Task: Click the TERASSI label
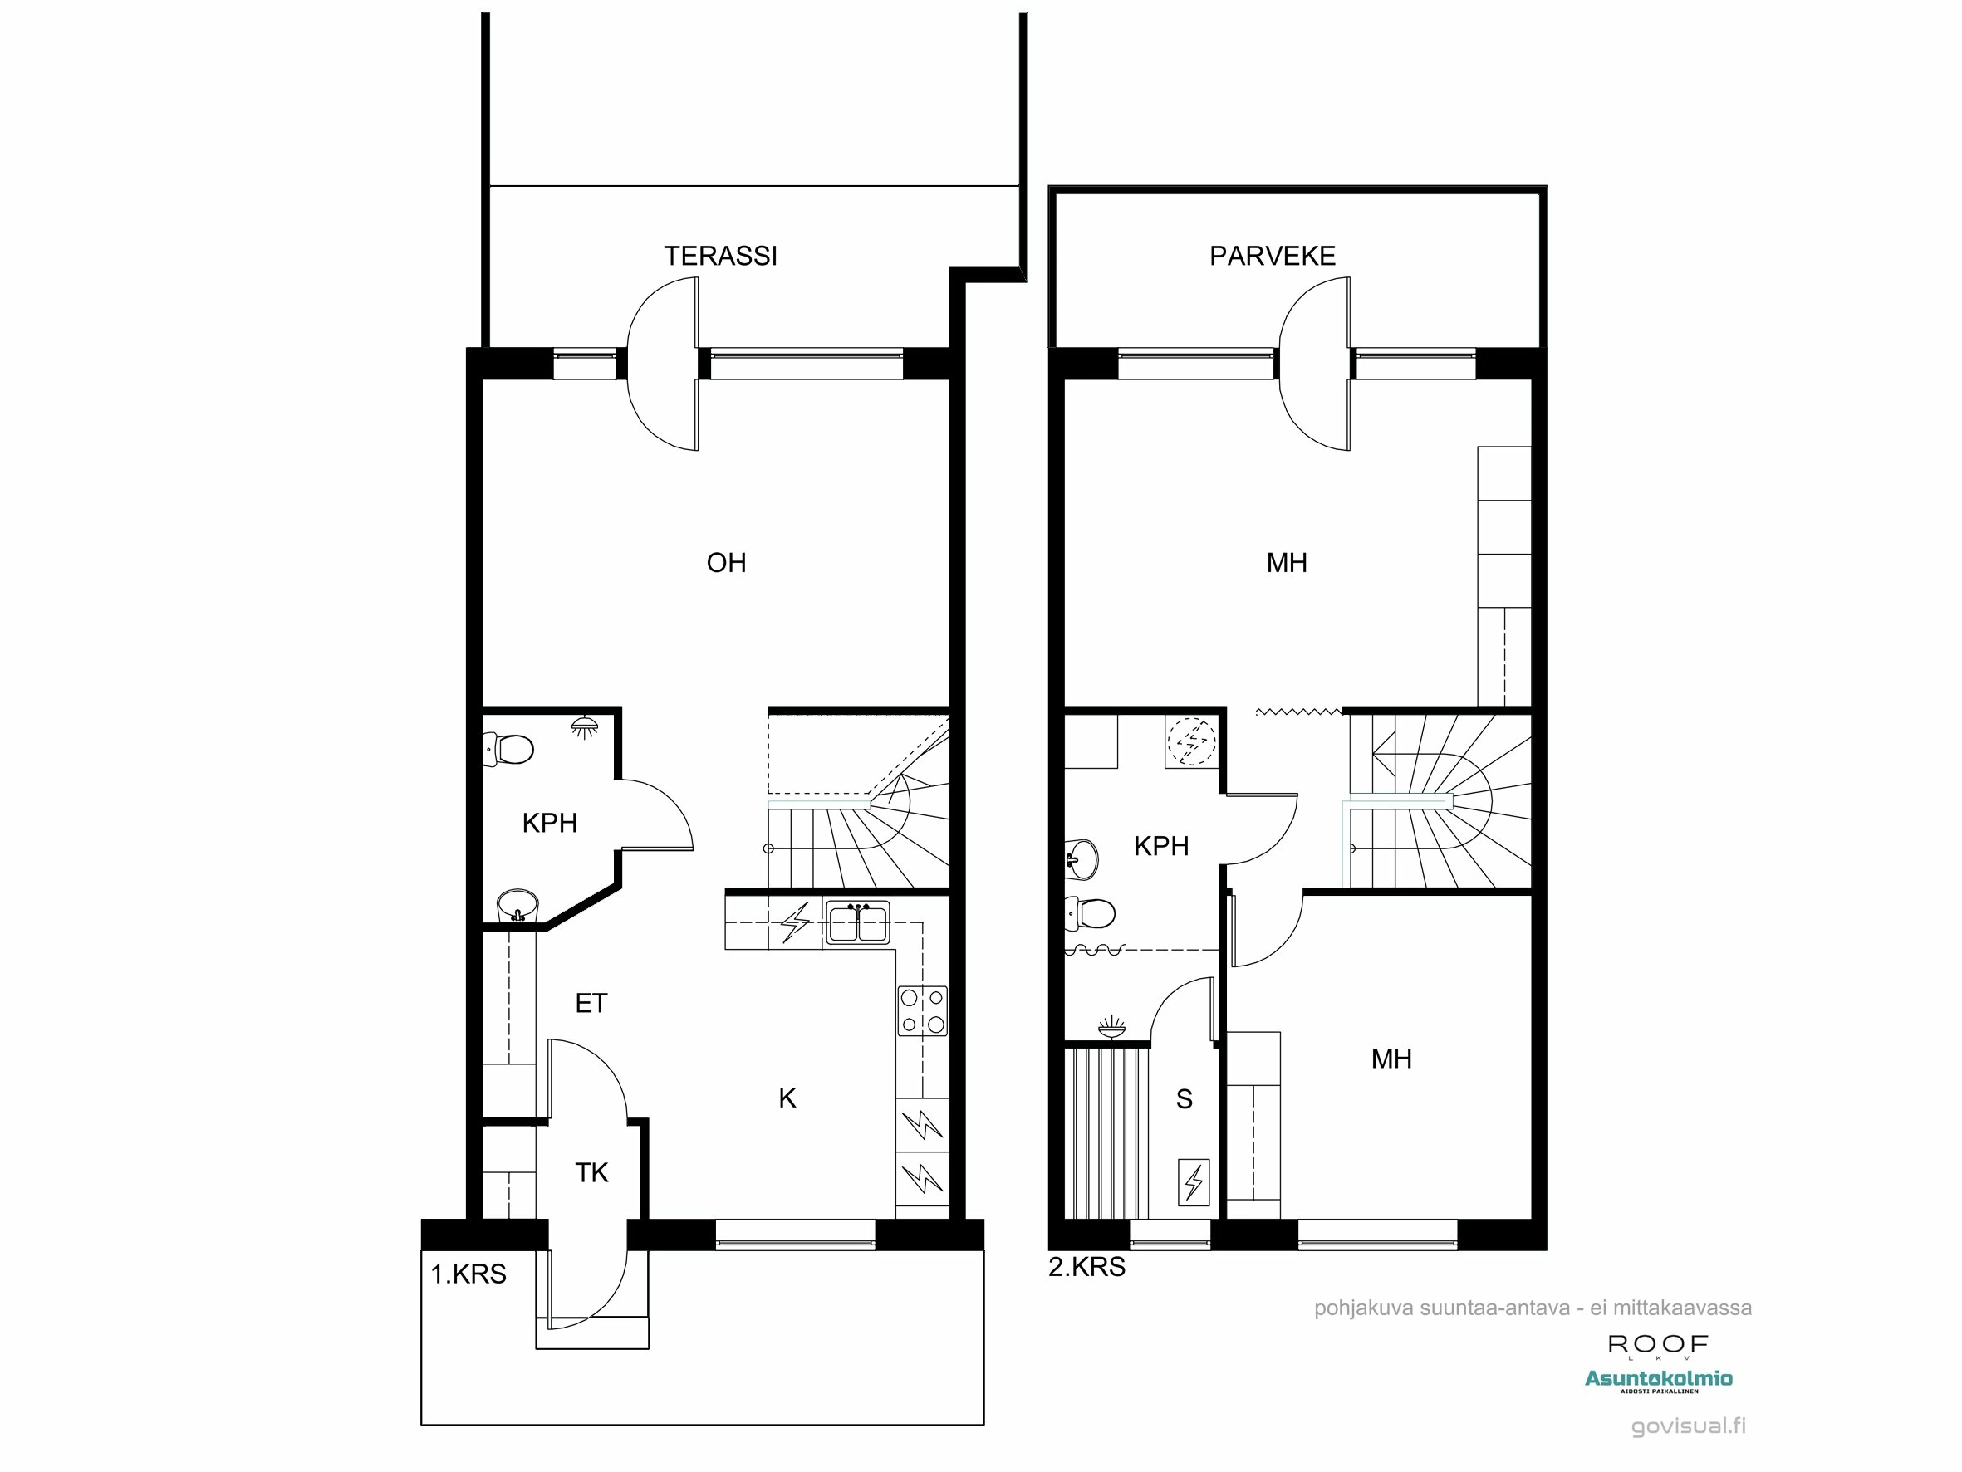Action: coord(720,257)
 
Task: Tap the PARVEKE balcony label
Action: coord(1272,257)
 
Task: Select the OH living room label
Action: coord(725,563)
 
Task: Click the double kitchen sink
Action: coord(857,923)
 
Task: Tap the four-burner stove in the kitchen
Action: coord(923,1011)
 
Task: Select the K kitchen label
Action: coord(787,1098)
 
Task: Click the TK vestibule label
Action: coord(591,1173)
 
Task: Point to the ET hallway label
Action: coord(591,1004)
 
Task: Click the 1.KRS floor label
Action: coord(468,1274)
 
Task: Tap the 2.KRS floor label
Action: coord(1086,1267)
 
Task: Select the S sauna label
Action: coord(1185,1099)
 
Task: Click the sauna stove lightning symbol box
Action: coord(1193,1181)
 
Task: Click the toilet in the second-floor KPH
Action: coord(1090,912)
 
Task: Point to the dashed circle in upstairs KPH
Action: coord(1191,741)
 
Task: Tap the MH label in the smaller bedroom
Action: coord(1391,1059)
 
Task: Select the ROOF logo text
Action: coord(1658,1344)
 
